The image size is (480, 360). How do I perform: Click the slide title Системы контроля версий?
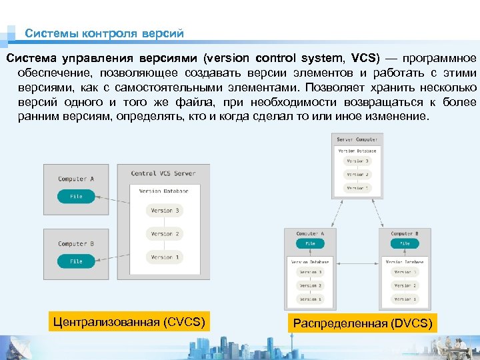pos(104,33)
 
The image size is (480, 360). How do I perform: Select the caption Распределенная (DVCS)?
pos(363,323)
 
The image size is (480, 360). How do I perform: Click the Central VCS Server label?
pos(163,173)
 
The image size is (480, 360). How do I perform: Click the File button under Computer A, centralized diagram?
pos(76,197)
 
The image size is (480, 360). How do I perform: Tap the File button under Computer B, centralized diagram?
pos(76,261)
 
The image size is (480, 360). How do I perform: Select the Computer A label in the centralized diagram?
pos(76,179)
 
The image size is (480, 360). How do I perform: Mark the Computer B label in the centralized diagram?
pos(76,243)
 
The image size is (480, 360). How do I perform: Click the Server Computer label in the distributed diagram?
pos(357,140)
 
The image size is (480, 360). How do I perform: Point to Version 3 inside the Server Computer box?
pos(357,161)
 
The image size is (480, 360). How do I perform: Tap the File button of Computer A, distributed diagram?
pos(310,244)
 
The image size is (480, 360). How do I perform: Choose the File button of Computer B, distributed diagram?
pos(405,244)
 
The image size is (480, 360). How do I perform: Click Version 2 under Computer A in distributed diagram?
pos(310,285)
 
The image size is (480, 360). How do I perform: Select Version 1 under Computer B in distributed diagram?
pos(405,299)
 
